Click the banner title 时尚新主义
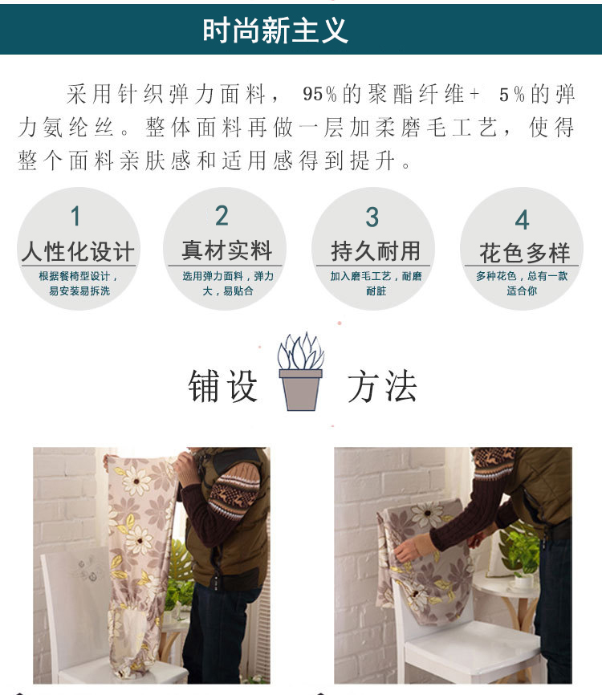[x=275, y=30]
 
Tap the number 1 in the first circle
[x=75, y=216]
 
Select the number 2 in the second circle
[x=222, y=215]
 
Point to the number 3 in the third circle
[x=372, y=217]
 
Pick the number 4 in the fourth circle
[x=523, y=219]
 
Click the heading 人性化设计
[x=78, y=251]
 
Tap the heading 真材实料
[x=226, y=250]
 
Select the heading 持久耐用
[x=376, y=251]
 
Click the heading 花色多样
[x=524, y=253]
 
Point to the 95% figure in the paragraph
[x=319, y=94]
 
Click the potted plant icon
[x=300, y=372]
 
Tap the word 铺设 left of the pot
[x=222, y=386]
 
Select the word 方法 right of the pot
[x=382, y=386]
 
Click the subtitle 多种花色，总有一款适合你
[x=522, y=283]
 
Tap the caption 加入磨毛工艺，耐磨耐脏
[x=376, y=283]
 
